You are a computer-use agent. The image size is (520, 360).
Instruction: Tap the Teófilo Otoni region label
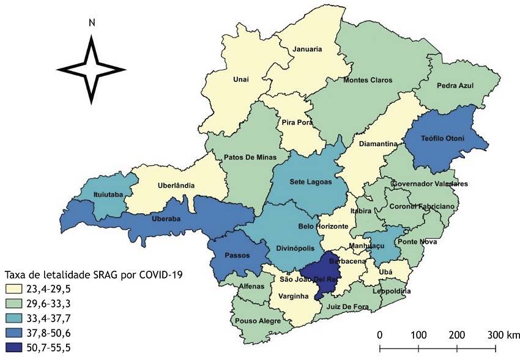pos(443,139)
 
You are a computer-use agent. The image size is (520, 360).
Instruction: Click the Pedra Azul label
pos(457,86)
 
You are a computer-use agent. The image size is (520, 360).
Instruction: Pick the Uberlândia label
pos(175,185)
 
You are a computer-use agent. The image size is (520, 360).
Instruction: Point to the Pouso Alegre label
pos(258,321)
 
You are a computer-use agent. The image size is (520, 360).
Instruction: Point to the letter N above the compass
pos(92,23)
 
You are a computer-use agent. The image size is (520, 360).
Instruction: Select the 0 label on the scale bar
pos(380,335)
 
